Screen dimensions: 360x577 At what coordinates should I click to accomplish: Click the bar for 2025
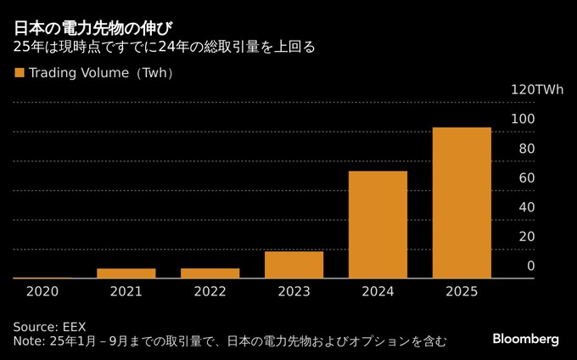[x=462, y=203]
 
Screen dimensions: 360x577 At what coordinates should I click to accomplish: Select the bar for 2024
[x=378, y=224]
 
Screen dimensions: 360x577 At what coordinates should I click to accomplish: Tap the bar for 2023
[x=294, y=264]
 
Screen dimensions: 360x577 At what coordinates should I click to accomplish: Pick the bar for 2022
[x=210, y=273]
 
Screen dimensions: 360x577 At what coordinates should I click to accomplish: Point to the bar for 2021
[x=126, y=273]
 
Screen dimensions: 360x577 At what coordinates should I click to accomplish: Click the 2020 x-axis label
[x=42, y=291]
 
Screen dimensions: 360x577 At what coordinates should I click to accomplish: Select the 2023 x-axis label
[x=294, y=291]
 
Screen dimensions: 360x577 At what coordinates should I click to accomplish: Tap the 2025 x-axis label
[x=462, y=291]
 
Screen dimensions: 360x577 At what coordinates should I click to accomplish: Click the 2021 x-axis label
[x=126, y=291]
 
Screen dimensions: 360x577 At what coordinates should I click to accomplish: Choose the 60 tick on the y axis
[x=526, y=177]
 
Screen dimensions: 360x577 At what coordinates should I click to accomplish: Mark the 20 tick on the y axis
[x=526, y=236]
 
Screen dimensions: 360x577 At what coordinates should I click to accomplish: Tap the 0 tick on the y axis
[x=530, y=266]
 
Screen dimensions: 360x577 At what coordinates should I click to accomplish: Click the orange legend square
[x=19, y=73]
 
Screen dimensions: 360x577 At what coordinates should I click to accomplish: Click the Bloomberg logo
[x=526, y=339]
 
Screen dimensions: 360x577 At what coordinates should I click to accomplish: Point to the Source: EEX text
[x=49, y=327]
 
